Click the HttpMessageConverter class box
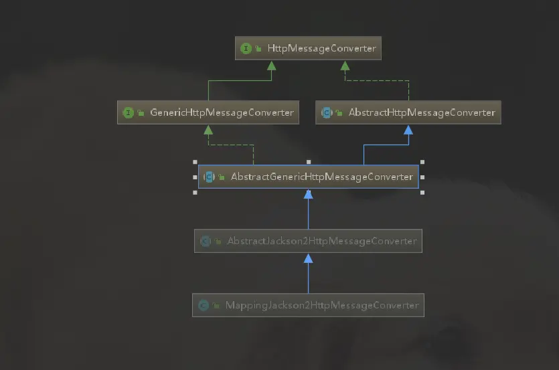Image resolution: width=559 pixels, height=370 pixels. tap(308, 49)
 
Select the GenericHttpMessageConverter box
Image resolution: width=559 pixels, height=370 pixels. tap(208, 112)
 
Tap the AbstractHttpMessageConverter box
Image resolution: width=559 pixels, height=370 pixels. tap(408, 112)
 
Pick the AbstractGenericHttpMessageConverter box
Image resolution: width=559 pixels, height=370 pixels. tap(308, 177)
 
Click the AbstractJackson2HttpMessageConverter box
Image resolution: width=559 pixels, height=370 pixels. tap(308, 241)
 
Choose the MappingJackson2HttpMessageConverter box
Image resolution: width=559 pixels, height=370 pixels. tap(308, 306)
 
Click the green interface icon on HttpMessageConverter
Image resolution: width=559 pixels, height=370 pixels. tap(246, 49)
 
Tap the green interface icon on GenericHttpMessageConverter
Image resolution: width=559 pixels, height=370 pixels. tap(129, 112)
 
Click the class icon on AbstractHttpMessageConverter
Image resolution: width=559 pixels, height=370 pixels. tap(327, 112)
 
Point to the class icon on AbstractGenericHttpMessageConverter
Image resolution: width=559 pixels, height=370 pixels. tap(209, 177)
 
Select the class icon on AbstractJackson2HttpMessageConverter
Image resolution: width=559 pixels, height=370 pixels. tap(206, 241)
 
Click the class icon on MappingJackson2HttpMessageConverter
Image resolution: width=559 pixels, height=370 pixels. tap(204, 306)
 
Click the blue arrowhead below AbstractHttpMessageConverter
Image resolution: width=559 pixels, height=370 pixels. tap(408, 129)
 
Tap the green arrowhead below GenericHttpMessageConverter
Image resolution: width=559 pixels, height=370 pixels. tap(208, 129)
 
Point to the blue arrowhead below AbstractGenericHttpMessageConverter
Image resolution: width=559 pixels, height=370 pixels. tap(308, 194)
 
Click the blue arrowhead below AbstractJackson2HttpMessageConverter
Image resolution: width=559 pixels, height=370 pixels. tap(308, 258)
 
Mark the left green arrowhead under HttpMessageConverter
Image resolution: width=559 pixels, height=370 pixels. tap(271, 66)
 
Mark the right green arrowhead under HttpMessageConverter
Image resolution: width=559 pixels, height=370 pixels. tap(345, 66)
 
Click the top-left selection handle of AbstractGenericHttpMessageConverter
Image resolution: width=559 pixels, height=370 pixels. tap(195, 162)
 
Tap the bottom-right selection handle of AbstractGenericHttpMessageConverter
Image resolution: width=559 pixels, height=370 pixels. tap(422, 193)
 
